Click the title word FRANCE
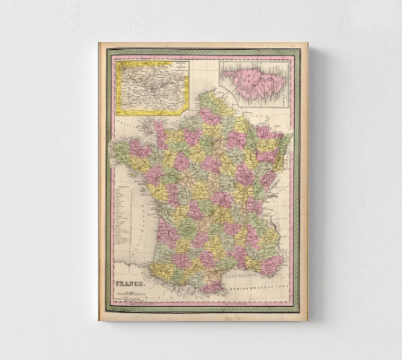[x=130, y=284]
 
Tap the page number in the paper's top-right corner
[x=292, y=45]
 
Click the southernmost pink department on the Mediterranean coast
[x=212, y=287]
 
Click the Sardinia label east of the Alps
[x=283, y=218]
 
